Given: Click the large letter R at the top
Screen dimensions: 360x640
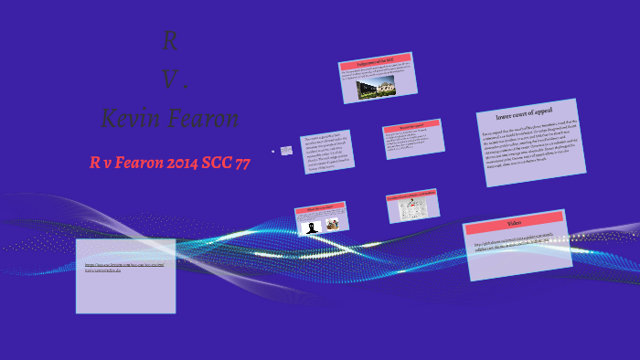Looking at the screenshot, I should (x=170, y=41).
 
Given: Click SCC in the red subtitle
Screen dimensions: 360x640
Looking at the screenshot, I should (x=207, y=164).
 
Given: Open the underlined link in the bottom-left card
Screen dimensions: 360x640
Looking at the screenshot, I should (x=124, y=268).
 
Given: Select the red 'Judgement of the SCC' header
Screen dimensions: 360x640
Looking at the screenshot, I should (x=376, y=60).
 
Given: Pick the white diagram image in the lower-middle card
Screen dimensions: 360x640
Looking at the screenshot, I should (x=413, y=209).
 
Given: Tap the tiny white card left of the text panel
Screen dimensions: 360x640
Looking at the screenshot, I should (x=287, y=150).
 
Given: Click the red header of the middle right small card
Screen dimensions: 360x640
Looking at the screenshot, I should (x=412, y=125).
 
